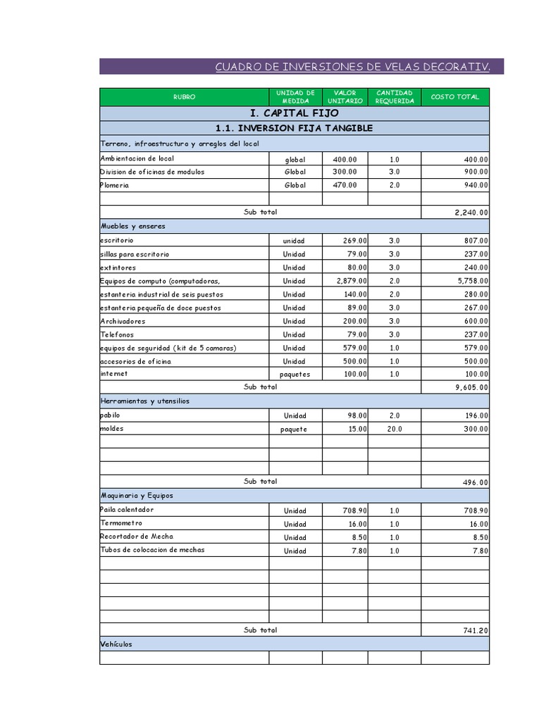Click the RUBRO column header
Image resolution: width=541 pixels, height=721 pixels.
click(x=184, y=97)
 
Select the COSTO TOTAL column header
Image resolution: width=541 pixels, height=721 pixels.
click(x=454, y=97)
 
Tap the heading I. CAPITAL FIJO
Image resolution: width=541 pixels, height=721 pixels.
click(x=294, y=113)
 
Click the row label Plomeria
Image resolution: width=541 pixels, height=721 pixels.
click(x=115, y=185)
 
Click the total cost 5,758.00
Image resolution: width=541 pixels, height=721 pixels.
click(x=471, y=281)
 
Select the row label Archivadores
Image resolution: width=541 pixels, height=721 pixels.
click(x=123, y=321)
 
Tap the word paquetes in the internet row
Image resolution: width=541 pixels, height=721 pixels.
click(x=294, y=375)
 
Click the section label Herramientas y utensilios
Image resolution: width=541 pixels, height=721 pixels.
click(x=145, y=401)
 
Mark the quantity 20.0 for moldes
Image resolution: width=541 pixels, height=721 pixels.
click(x=394, y=429)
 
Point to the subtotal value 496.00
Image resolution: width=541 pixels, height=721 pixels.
click(x=475, y=482)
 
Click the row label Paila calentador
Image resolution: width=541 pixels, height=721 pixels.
click(x=127, y=509)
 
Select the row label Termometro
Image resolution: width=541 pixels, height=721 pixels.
click(x=121, y=523)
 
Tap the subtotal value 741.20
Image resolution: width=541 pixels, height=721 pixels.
click(x=475, y=631)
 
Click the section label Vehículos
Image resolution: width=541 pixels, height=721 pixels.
click(x=116, y=644)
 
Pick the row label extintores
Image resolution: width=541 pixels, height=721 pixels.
click(x=118, y=268)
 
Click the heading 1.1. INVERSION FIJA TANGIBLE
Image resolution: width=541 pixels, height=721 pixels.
click(x=294, y=128)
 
